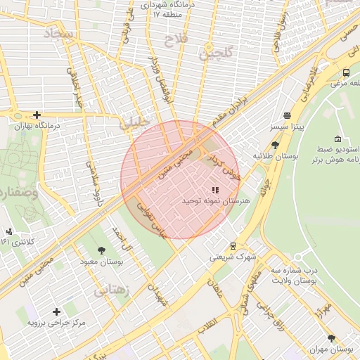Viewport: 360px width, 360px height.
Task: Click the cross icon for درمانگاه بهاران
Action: coord(37,115)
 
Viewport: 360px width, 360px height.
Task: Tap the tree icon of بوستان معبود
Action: coord(102,250)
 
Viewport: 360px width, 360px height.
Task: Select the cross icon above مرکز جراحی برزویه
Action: coord(56,311)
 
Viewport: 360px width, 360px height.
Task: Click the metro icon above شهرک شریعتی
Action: coord(232,245)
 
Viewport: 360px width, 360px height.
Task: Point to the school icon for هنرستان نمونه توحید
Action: coord(215,190)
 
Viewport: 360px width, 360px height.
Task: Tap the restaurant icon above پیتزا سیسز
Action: coord(287,116)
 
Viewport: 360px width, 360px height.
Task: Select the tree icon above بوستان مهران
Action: coord(331,338)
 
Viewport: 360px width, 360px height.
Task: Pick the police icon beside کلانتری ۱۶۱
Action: coord(8,231)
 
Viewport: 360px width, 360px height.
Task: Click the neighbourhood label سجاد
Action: coord(58,34)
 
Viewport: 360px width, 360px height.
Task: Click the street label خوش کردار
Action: coord(229,169)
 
